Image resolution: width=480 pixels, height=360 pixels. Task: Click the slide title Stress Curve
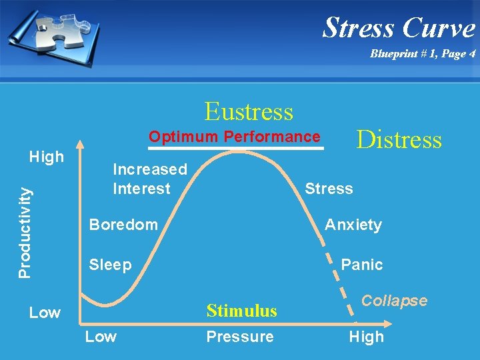(399, 28)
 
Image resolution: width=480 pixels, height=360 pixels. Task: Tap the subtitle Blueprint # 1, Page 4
(423, 54)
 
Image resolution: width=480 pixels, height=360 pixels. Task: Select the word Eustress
(249, 111)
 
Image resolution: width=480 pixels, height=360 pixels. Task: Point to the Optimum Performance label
(234, 137)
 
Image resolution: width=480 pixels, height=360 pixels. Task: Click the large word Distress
(399, 139)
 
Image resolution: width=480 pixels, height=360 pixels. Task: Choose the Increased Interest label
(149, 179)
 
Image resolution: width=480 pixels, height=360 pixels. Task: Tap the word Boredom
(123, 225)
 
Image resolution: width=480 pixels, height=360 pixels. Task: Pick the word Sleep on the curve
(110, 265)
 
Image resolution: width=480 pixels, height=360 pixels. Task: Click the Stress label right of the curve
(329, 189)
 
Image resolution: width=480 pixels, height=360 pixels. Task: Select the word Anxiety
(353, 225)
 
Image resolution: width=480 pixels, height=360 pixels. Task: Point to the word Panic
(361, 265)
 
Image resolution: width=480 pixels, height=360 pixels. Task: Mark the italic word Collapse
(395, 301)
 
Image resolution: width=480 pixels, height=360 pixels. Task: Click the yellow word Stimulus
(241, 311)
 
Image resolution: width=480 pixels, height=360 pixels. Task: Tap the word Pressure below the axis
(239, 337)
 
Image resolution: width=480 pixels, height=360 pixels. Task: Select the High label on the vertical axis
(47, 157)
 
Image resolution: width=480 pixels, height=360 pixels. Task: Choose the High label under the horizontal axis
(366, 337)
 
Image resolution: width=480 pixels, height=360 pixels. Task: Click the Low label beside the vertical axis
(45, 312)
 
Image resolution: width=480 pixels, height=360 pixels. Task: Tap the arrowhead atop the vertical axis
(80, 143)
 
